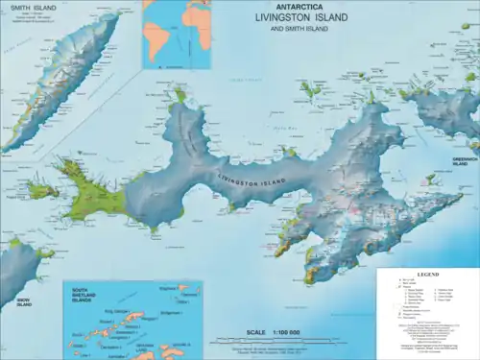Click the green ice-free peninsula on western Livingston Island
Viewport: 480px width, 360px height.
(x=91, y=192)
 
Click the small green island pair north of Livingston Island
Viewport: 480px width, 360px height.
(x=310, y=90)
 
